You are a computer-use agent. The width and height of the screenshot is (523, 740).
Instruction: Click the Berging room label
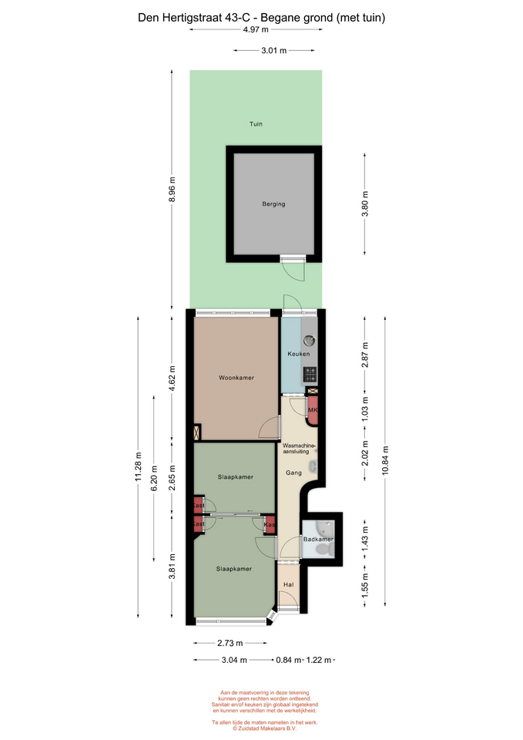pos(273,203)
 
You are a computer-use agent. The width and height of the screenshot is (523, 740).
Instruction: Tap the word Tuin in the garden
pos(256,123)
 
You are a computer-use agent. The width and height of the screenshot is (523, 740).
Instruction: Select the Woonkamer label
pos(236,378)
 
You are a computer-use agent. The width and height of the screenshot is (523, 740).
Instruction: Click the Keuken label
pos(299,354)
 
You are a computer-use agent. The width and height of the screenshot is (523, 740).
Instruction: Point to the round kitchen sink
pos(310,339)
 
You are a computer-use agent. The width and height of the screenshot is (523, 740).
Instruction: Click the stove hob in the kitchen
pos(310,375)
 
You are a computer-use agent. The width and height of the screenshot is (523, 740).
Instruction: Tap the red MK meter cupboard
pos(312,410)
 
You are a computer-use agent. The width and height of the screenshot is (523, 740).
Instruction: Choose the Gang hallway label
pos(293,473)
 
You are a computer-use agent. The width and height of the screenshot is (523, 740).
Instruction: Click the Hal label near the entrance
pos(289,584)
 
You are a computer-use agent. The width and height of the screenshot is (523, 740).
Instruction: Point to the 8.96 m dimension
pos(172,190)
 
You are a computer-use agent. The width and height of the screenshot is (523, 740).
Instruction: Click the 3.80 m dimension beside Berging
pos(364,203)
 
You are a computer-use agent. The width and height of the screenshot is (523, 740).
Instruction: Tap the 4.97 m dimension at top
pos(256,29)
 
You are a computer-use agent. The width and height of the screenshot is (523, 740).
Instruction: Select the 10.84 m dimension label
pos(385,461)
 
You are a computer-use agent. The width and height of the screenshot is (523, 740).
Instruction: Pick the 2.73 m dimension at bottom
pos(230,643)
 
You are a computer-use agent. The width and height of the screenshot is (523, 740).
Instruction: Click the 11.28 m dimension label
pos(138,467)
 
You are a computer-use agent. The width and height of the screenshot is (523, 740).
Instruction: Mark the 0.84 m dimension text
pos(288,660)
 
